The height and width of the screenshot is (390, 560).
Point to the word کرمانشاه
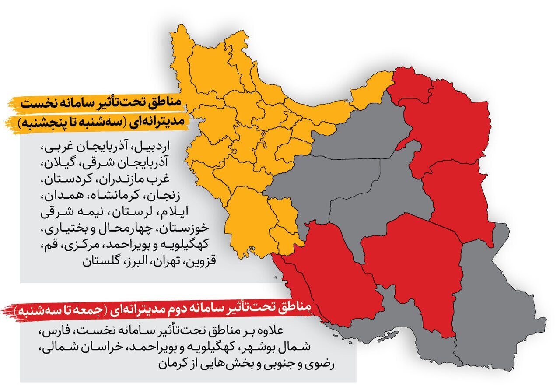(126, 195)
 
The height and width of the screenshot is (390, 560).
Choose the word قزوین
(199, 262)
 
